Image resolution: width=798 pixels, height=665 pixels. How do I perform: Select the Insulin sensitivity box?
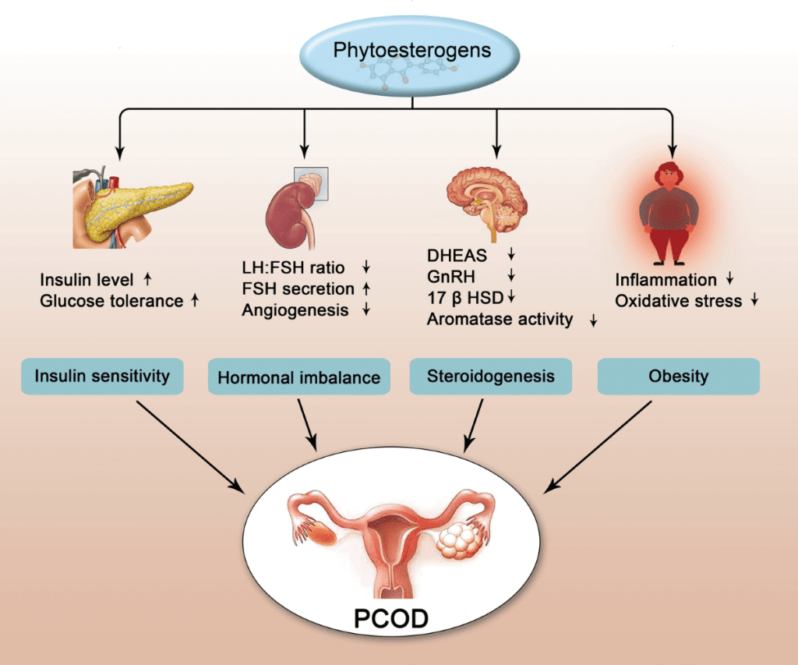pyautogui.click(x=101, y=377)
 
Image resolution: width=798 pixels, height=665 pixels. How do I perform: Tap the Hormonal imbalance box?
pyautogui.click(x=298, y=377)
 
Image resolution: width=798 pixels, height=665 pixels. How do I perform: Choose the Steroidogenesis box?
pyautogui.click(x=491, y=377)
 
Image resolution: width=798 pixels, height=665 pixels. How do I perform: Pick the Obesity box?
pyautogui.click(x=678, y=377)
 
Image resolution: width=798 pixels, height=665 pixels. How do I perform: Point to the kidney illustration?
pyautogui.click(x=296, y=207)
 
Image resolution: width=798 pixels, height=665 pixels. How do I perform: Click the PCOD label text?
pyautogui.click(x=391, y=619)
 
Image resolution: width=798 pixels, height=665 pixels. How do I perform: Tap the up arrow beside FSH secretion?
pyautogui.click(x=366, y=289)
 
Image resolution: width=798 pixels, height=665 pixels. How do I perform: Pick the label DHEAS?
pyautogui.click(x=455, y=255)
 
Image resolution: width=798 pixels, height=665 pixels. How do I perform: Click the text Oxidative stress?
pyautogui.click(x=678, y=300)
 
